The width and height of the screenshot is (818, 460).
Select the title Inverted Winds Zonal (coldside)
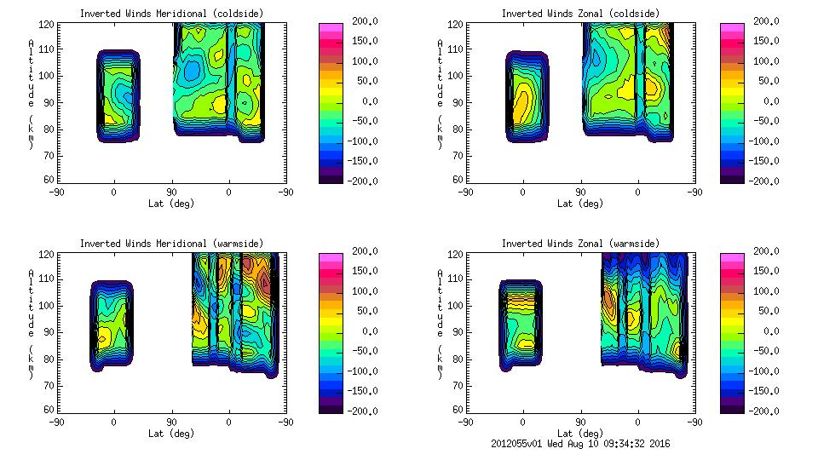(580, 14)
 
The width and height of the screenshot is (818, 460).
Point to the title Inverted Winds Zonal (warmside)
(580, 244)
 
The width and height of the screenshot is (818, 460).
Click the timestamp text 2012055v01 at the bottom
(519, 444)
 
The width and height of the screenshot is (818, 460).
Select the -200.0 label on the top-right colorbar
(762, 181)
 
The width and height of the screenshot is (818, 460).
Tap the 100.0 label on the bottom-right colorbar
(762, 291)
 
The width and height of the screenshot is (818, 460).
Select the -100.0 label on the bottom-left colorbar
(360, 371)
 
